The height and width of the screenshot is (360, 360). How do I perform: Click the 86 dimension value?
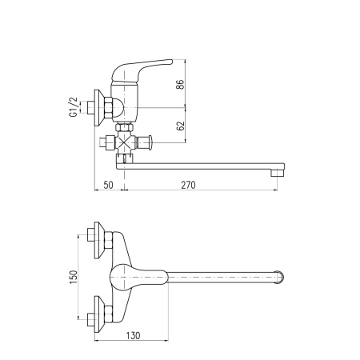(x=181, y=84)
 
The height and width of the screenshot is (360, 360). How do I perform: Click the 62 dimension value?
(x=181, y=126)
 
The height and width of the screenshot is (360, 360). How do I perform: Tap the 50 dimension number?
(x=108, y=185)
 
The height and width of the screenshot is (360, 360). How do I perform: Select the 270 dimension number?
(x=188, y=185)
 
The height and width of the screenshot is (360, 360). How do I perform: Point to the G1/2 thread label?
(x=73, y=106)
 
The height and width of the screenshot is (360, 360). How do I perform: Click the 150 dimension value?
(x=74, y=277)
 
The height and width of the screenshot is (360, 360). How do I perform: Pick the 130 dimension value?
(x=133, y=335)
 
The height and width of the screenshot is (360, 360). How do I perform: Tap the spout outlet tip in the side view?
(x=278, y=173)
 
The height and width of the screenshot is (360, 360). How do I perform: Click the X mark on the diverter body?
(x=124, y=142)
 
